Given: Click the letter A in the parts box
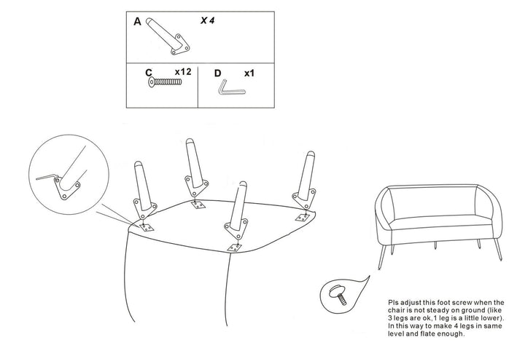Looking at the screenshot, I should pyautogui.click(x=137, y=22).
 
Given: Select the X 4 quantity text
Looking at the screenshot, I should pyautogui.click(x=207, y=21).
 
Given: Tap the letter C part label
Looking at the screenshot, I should pyautogui.click(x=148, y=73).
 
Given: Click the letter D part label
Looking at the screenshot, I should pyautogui.click(x=217, y=74).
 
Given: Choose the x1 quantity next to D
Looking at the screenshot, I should pyautogui.click(x=249, y=74).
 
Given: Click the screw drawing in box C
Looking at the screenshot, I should pyautogui.click(x=164, y=84).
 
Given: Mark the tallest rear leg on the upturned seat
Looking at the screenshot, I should pyautogui.click(x=192, y=164).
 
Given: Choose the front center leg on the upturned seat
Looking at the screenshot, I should pyautogui.click(x=237, y=211).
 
